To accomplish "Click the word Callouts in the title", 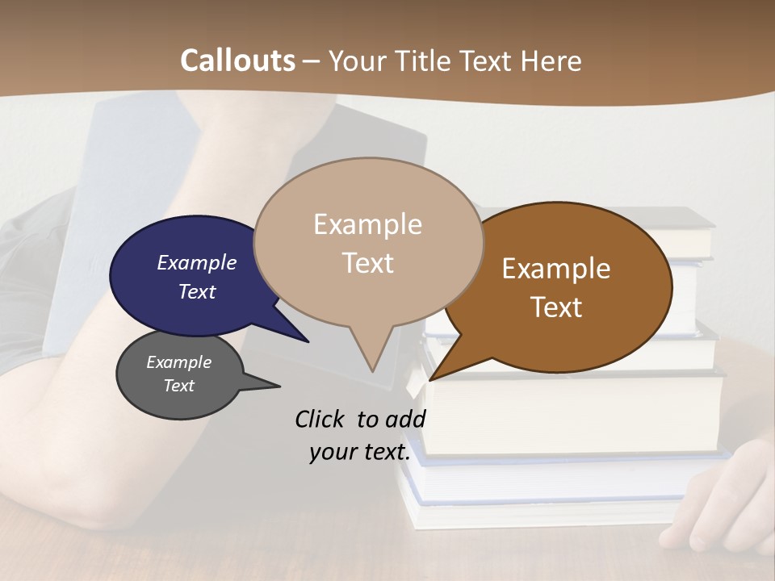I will [x=237, y=61].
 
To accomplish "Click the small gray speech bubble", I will [x=178, y=376].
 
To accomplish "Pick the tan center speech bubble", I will [x=368, y=242].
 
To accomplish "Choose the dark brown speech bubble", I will [x=565, y=286].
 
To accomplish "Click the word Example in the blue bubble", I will [x=196, y=263].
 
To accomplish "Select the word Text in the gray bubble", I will [x=179, y=386].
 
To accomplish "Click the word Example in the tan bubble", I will [x=367, y=224].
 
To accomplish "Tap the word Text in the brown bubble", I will [x=556, y=307].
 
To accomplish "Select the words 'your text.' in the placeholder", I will [x=360, y=453].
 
